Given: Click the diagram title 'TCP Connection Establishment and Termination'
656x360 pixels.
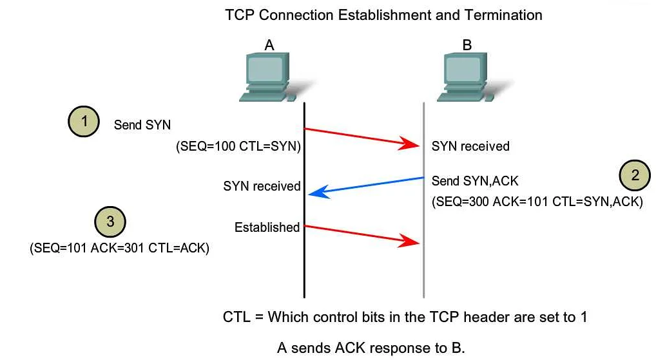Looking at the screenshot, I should pyautogui.click(x=383, y=14).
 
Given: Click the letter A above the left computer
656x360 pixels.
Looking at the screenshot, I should pyautogui.click(x=269, y=44).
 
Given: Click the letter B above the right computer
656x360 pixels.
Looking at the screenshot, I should pyautogui.click(x=467, y=44).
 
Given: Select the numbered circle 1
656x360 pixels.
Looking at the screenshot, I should pyautogui.click(x=83, y=122).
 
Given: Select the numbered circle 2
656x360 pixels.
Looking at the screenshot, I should pyautogui.click(x=635, y=176).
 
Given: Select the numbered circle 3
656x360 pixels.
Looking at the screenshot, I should pyautogui.click(x=110, y=222).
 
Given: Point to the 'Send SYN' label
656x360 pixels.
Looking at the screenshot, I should pyautogui.click(x=142, y=125).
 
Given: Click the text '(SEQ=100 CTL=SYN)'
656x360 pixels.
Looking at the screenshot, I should pyautogui.click(x=238, y=147).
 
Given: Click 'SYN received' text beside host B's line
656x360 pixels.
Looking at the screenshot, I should pyautogui.click(x=470, y=146).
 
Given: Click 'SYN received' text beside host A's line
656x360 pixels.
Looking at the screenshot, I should pyautogui.click(x=262, y=186).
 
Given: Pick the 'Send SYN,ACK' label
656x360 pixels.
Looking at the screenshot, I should pyautogui.click(x=475, y=181).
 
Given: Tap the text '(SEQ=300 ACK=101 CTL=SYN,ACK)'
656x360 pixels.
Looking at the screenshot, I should pyautogui.click(x=537, y=202).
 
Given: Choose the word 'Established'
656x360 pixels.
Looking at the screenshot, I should pyautogui.click(x=267, y=227).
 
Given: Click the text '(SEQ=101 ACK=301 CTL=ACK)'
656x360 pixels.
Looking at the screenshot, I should pyautogui.click(x=120, y=249).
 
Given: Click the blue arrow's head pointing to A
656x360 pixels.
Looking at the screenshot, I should pyautogui.click(x=314, y=191).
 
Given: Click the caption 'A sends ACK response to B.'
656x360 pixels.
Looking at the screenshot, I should pyautogui.click(x=371, y=348).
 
